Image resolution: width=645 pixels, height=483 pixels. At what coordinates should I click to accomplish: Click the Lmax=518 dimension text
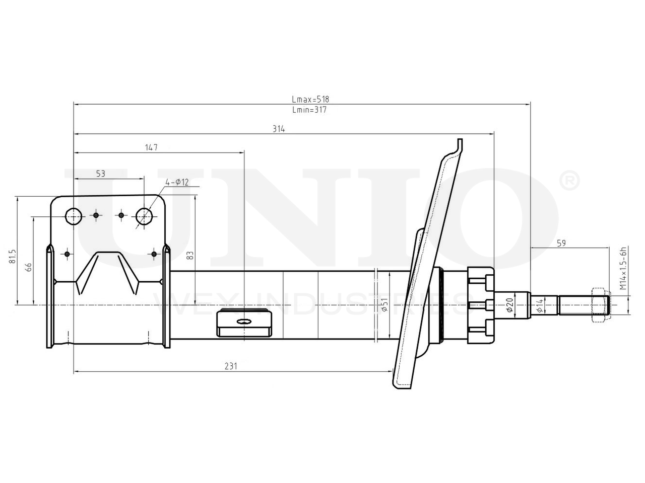(x=310, y=99)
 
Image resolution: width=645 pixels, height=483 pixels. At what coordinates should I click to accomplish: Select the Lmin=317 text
(x=309, y=110)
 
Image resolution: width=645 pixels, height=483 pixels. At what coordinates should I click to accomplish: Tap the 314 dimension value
(x=279, y=129)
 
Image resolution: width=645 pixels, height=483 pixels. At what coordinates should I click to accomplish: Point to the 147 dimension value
(x=151, y=147)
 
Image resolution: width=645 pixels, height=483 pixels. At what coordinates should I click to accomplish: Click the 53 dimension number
(x=100, y=174)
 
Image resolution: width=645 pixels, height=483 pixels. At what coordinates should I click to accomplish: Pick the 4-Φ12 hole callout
(x=177, y=182)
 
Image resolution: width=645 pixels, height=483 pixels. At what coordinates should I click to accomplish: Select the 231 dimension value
(x=231, y=366)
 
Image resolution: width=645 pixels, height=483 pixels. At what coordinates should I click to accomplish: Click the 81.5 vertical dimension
(x=13, y=256)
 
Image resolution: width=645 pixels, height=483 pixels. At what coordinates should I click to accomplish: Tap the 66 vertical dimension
(x=29, y=267)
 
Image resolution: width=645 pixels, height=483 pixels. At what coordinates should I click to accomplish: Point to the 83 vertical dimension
(x=190, y=255)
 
